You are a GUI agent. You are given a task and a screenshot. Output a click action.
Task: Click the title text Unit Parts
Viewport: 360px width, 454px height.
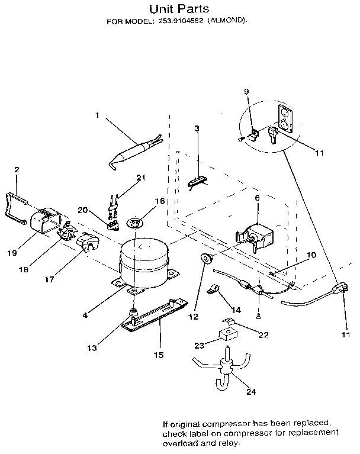179,9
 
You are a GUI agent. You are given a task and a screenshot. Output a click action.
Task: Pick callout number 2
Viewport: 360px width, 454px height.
17,170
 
